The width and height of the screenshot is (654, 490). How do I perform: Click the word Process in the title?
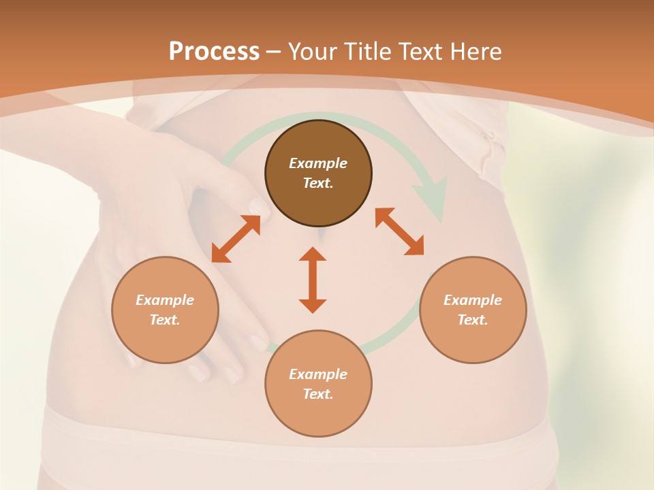[214, 52]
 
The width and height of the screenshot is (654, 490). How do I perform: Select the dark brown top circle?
[318, 174]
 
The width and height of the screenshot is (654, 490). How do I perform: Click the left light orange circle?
[165, 310]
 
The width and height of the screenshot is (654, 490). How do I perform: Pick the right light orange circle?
[473, 310]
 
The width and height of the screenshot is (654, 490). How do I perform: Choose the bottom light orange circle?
[318, 383]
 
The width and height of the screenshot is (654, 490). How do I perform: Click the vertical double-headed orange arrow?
[313, 280]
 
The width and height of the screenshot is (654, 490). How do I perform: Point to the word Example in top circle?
[318, 163]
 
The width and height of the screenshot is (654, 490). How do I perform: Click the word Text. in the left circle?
[165, 320]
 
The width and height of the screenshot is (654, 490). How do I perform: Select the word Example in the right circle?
[473, 300]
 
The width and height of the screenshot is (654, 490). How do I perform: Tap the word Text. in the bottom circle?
[318, 394]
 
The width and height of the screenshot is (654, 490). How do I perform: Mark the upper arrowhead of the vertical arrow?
[313, 255]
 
